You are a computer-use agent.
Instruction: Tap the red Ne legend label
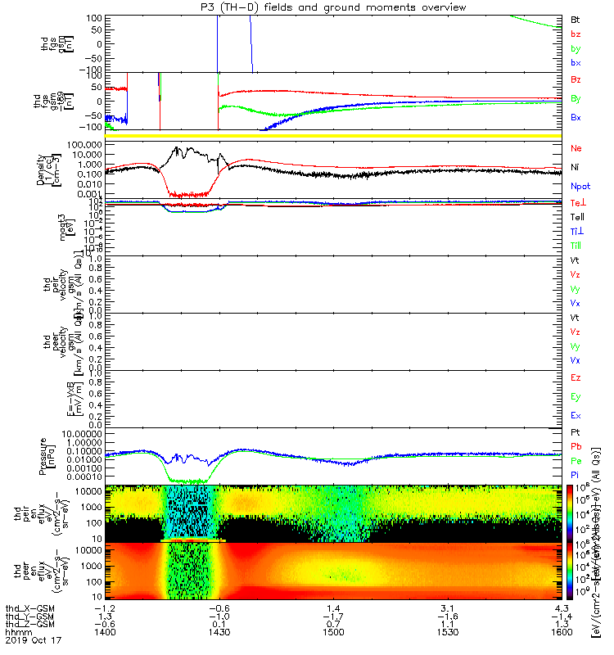575,149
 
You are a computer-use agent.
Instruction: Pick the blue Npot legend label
579,186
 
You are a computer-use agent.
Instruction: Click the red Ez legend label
575,378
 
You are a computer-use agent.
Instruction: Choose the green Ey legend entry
575,397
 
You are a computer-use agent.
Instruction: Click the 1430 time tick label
218,633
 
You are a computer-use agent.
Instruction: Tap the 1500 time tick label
332,633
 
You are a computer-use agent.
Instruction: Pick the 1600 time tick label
561,633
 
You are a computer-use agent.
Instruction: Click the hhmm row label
17,633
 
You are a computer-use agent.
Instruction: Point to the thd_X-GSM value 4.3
561,608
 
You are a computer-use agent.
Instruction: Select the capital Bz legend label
575,80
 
